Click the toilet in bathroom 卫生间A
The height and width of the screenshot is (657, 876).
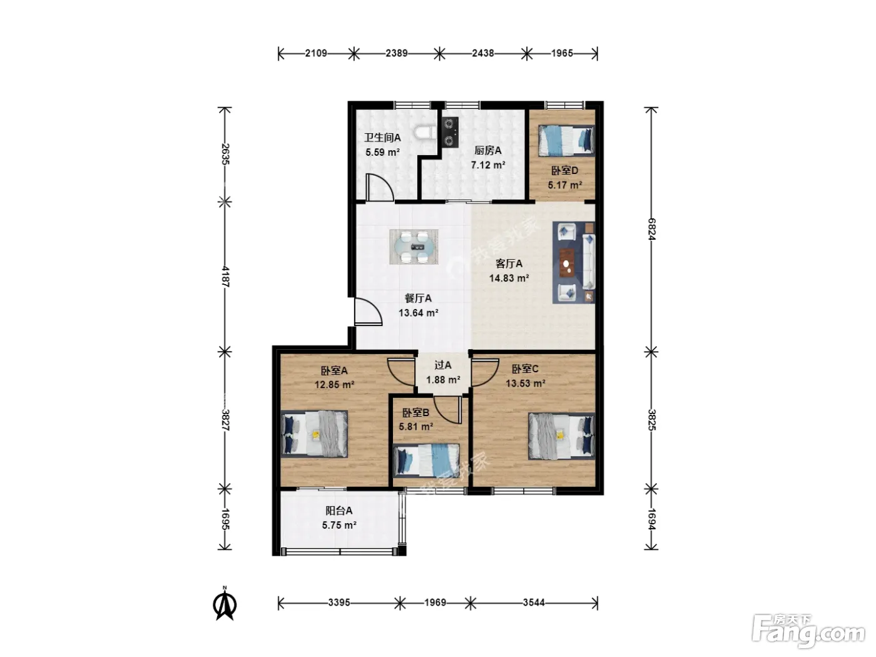[425, 133]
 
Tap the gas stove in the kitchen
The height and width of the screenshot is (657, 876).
[449, 132]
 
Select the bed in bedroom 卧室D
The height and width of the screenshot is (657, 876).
[566, 140]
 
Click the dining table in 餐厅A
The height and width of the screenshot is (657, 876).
[414, 247]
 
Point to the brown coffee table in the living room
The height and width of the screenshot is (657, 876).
[567, 262]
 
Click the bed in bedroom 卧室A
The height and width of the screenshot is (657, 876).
[314, 434]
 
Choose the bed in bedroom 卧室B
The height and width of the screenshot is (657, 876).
[426, 461]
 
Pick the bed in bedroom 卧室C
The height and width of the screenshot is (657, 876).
[561, 436]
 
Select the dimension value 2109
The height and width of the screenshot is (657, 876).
[316, 53]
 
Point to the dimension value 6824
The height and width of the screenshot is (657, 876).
[651, 229]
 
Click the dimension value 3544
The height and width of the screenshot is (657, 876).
[534, 603]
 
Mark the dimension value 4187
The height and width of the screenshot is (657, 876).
[225, 277]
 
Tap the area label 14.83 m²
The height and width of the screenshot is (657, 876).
[509, 278]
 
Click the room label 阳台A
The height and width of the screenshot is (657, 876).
[339, 511]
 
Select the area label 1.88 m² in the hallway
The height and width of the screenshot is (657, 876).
[443, 380]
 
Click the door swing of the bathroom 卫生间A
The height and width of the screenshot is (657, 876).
[380, 186]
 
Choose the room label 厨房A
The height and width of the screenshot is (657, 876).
[487, 150]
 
